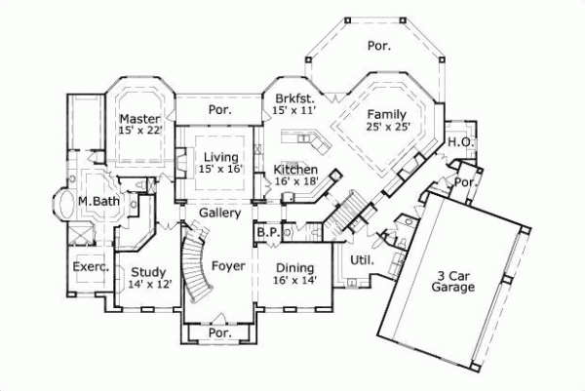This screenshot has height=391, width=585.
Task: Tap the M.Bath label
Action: pyautogui.click(x=98, y=201)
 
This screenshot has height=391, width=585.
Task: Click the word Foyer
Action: pyautogui.click(x=227, y=265)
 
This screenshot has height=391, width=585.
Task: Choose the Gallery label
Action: pyautogui.click(x=219, y=213)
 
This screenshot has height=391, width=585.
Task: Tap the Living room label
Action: pyautogui.click(x=219, y=155)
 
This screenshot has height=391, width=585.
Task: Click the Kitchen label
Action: pyautogui.click(x=296, y=168)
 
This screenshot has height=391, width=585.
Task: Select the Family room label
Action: pyautogui.click(x=387, y=113)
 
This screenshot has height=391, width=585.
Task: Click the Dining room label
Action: pyautogui.click(x=293, y=268)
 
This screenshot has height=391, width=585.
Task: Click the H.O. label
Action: pyautogui.click(x=461, y=142)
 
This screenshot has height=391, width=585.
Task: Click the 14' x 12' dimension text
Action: pyautogui.click(x=149, y=285)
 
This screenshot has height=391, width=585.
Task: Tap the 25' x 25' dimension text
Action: pyautogui.click(x=387, y=126)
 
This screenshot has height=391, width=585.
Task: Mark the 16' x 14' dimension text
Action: pyautogui.click(x=293, y=281)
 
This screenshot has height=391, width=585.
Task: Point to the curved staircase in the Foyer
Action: pyautogui.click(x=199, y=263)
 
